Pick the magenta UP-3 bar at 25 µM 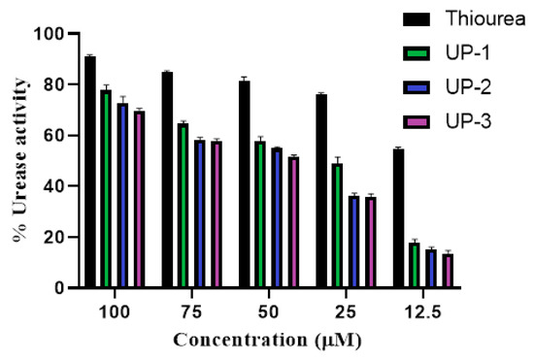pos(370,243)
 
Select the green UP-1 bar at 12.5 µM pos(415,265)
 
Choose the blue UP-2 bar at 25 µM pos(353,243)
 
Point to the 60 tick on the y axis pos(57,136)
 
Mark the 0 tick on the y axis pos(61,288)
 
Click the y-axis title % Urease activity pos(19,160)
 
